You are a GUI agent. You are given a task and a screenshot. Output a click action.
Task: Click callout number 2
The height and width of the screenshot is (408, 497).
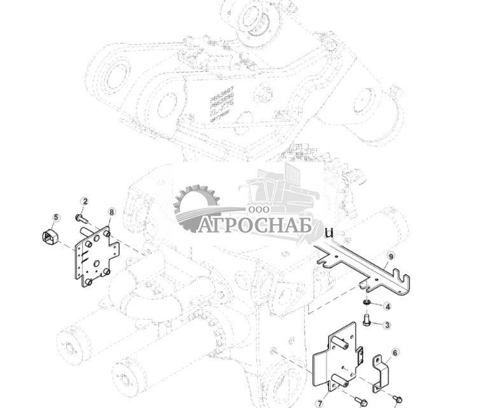click(x=85, y=202)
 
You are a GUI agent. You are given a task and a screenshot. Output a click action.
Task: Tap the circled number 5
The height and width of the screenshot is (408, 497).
click(x=56, y=218)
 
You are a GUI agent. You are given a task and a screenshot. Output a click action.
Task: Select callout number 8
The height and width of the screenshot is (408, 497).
click(x=112, y=211)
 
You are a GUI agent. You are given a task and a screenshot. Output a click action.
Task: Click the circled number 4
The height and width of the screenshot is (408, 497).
click(x=388, y=307)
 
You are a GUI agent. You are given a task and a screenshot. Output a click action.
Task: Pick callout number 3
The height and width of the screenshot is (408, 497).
click(x=386, y=325)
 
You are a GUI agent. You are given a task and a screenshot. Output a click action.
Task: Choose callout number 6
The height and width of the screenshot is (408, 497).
click(x=395, y=352)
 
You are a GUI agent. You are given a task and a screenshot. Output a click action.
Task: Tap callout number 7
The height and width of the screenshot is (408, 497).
click(x=319, y=403)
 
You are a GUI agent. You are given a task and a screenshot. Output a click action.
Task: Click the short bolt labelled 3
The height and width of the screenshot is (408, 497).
click(x=367, y=319)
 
